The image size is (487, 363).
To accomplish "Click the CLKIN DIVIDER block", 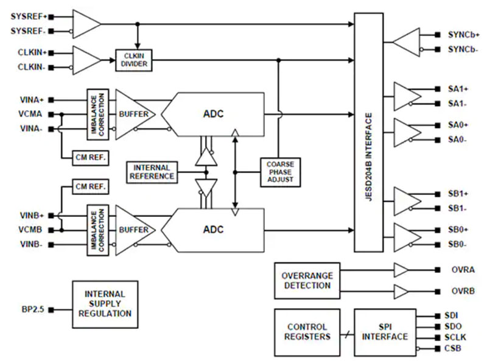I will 133,60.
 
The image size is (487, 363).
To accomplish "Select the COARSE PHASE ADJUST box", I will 279,172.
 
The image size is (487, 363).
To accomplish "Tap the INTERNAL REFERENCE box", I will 152,172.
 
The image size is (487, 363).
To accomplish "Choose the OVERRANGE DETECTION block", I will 307,280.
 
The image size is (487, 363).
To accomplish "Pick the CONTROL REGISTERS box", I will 307,332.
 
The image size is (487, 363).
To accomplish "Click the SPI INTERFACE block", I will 385,332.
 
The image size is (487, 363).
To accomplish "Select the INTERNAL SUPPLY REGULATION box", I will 105,304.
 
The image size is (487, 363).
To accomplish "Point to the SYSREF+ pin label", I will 28,15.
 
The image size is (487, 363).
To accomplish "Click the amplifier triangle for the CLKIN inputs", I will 86,60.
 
